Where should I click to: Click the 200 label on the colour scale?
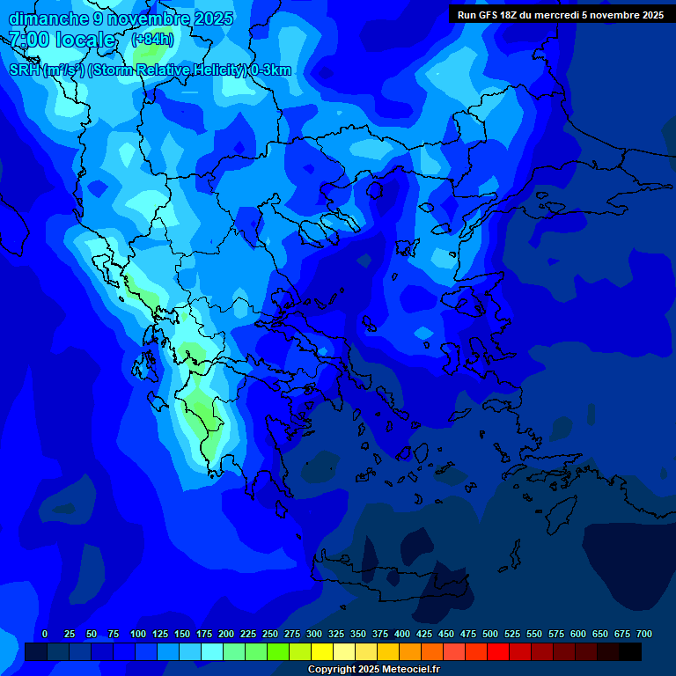point(226,634)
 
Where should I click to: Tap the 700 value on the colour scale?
point(643,634)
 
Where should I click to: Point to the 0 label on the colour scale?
point(45,634)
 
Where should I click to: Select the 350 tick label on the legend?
point(358,634)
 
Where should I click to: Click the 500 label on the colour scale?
point(490,634)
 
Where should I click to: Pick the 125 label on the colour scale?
point(160,634)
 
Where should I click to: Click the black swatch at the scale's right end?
point(630,651)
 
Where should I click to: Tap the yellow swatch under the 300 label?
point(322,651)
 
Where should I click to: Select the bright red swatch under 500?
point(498,651)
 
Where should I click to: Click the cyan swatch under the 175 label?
point(212,651)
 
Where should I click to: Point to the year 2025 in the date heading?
point(210,18)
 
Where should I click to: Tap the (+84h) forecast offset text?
point(152,40)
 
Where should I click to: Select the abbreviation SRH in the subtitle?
point(24,70)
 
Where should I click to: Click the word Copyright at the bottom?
point(333,670)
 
